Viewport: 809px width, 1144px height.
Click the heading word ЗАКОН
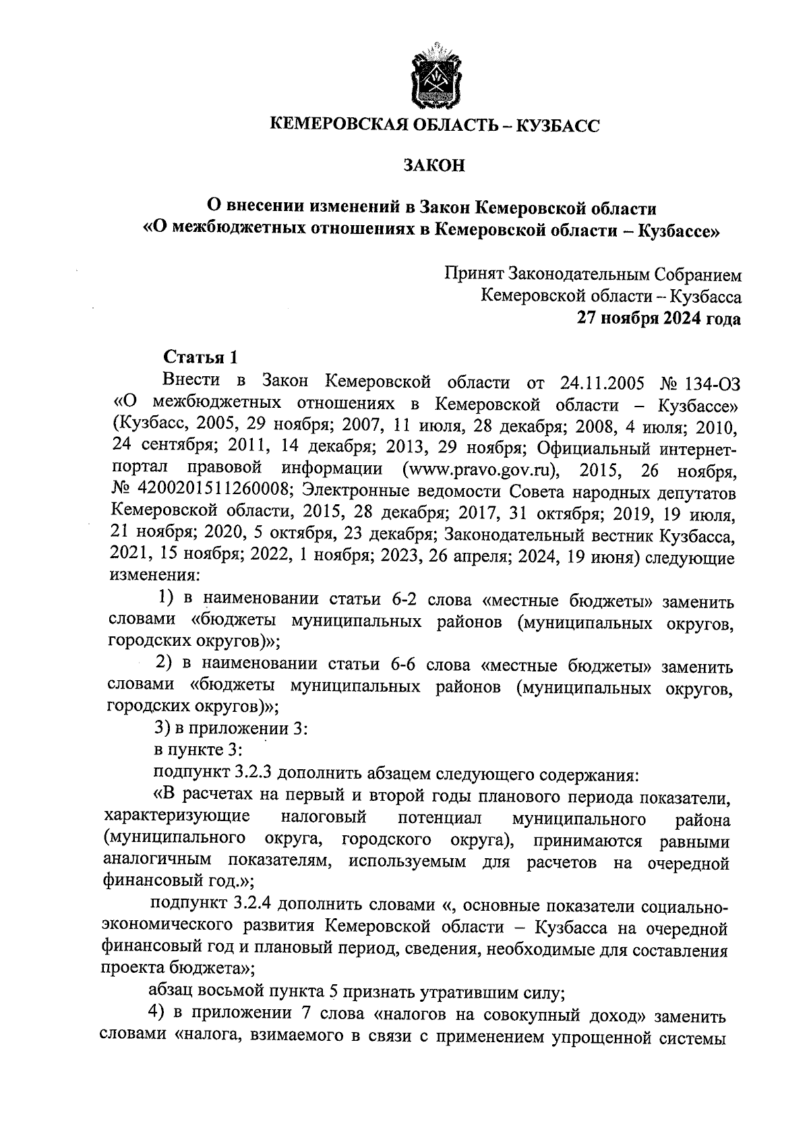tap(434, 165)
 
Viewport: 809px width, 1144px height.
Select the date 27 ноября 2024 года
tap(658, 319)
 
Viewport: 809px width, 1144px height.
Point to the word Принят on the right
tap(473, 275)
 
